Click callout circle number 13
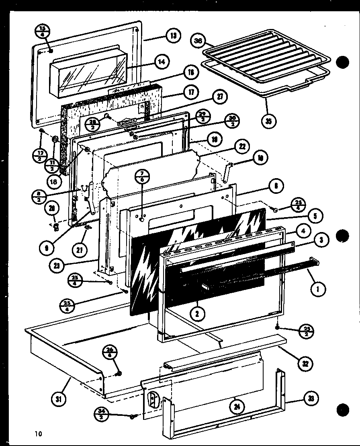click(x=173, y=36)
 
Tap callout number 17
click(x=190, y=92)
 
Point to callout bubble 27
click(x=220, y=97)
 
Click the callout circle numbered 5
click(x=315, y=216)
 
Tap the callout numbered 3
click(x=322, y=240)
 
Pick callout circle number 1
click(x=319, y=289)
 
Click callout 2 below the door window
click(x=196, y=314)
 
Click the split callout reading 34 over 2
click(x=102, y=414)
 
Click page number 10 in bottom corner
click(x=38, y=434)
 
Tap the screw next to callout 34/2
click(x=132, y=417)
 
